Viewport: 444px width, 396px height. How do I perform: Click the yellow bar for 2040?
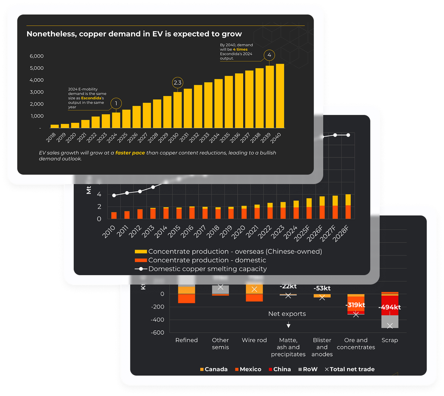[280, 96]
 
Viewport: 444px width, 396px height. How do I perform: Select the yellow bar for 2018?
[54, 126]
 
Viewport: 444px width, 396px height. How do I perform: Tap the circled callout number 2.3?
[177, 83]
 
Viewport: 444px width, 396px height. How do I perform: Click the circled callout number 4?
[269, 55]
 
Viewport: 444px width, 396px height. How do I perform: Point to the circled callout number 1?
[116, 103]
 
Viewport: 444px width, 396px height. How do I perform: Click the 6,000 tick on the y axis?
[36, 56]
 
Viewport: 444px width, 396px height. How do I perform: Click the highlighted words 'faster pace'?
[130, 153]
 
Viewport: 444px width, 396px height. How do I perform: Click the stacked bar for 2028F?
[348, 207]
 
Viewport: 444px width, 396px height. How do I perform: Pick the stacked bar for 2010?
[114, 215]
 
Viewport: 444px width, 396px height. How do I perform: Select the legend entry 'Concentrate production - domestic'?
[207, 260]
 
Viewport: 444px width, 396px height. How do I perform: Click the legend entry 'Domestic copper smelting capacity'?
[207, 269]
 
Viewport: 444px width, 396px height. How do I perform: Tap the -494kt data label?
[390, 307]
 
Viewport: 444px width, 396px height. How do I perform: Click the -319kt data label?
[355, 305]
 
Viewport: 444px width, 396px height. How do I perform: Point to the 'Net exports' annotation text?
[287, 314]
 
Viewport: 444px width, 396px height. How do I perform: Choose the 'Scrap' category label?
[390, 340]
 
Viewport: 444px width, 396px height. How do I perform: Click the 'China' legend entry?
[282, 369]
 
